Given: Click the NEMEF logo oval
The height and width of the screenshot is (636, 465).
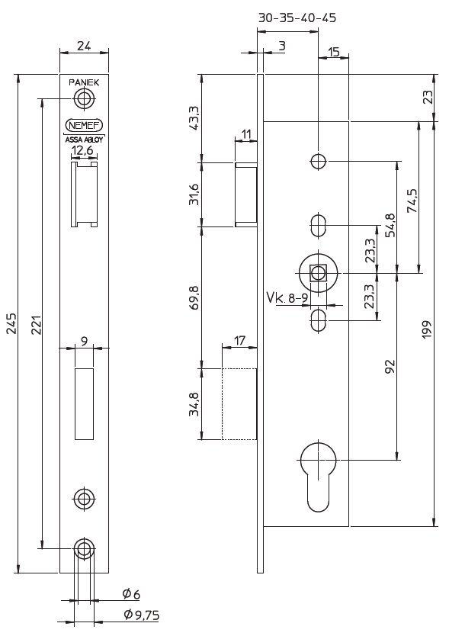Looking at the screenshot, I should (x=84, y=126).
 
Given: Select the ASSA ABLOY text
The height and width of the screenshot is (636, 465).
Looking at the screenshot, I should (x=84, y=140).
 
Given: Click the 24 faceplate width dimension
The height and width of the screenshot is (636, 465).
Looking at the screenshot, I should (x=84, y=46).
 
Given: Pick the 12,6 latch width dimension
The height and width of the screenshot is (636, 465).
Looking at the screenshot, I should (x=83, y=151).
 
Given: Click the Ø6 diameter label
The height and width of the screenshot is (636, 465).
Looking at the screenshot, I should (x=131, y=594).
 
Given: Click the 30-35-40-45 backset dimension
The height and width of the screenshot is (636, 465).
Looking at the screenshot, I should (x=297, y=18).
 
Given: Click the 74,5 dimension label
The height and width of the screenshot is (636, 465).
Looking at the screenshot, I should (x=412, y=203).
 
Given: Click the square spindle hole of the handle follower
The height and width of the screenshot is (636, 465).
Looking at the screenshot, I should (x=319, y=272).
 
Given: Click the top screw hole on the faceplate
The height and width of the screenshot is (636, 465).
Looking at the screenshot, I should (x=84, y=98).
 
